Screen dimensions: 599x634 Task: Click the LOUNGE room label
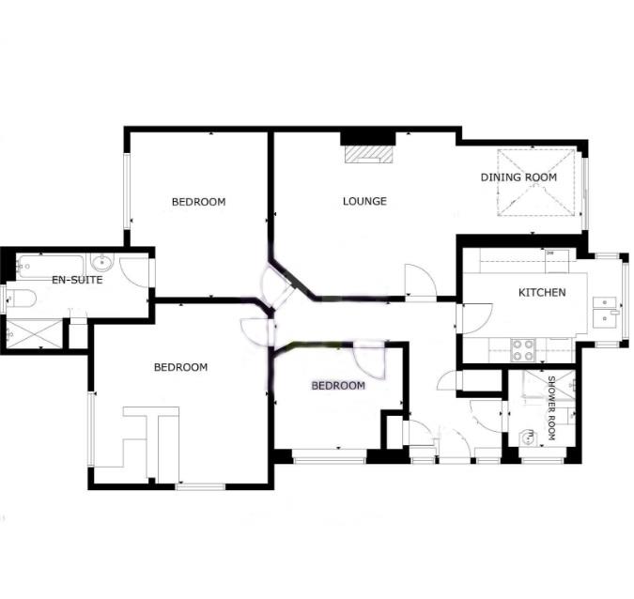pyautogui.click(x=364, y=201)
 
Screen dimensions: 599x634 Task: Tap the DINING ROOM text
pyautogui.click(x=518, y=177)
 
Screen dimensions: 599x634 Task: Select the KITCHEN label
pyautogui.click(x=542, y=293)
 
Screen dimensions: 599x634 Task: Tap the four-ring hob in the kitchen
pyautogui.click(x=522, y=349)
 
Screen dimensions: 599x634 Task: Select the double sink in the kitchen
pyautogui.click(x=606, y=310)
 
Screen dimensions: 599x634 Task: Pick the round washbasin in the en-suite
pyautogui.click(x=103, y=262)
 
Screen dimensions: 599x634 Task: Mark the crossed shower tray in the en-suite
pyautogui.click(x=34, y=332)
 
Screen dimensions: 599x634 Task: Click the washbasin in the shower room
pyautogui.click(x=527, y=436)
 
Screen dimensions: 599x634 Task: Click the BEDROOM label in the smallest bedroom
pyautogui.click(x=338, y=386)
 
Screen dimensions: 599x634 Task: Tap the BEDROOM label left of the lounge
pyautogui.click(x=198, y=202)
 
